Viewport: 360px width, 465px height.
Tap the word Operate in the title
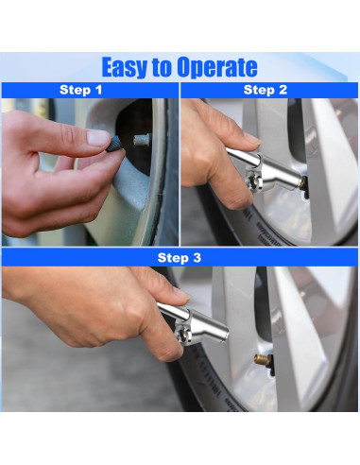[x=217, y=67]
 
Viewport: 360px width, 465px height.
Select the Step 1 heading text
[x=81, y=90]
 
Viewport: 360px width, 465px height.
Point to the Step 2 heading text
[x=266, y=90]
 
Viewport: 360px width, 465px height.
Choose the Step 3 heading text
[x=179, y=257]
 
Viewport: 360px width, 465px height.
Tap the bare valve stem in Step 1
[x=142, y=139]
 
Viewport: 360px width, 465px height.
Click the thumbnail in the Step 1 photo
[x=98, y=138]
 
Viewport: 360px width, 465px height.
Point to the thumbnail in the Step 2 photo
[x=252, y=139]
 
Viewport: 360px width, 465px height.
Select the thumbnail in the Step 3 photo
[x=181, y=293]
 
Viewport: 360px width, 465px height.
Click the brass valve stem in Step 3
[x=263, y=359]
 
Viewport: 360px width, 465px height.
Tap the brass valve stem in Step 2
[x=303, y=183]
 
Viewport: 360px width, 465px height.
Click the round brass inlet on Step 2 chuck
[x=252, y=181]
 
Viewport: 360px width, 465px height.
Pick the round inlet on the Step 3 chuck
[x=182, y=334]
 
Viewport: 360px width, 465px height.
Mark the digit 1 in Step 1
[x=99, y=90]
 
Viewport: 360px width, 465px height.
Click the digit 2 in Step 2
[x=283, y=90]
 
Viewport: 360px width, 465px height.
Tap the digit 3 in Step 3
[x=197, y=257]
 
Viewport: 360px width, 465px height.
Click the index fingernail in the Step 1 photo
[x=98, y=138]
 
